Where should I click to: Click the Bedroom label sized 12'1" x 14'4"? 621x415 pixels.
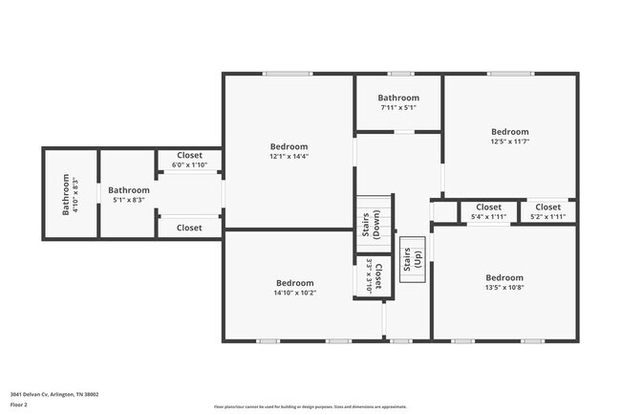coord(288,145)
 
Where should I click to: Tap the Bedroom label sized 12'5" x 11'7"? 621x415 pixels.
coord(509,131)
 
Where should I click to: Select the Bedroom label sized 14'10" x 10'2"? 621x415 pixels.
coord(294,282)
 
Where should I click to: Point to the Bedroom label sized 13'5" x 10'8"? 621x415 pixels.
coord(503,277)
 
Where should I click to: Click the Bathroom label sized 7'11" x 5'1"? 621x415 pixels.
coord(397,98)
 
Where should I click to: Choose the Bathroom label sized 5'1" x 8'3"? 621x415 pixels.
coord(128,190)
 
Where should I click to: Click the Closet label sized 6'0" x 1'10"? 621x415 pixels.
coord(188,155)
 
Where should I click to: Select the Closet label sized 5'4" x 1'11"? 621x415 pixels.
coord(488,207)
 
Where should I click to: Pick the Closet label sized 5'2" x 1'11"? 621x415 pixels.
coord(547,207)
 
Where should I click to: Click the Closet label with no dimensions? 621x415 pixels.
coord(188,228)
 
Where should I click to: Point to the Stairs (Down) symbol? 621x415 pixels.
coord(375,224)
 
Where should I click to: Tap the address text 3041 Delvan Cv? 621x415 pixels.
coord(54,393)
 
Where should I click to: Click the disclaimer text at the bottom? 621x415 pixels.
coord(310,405)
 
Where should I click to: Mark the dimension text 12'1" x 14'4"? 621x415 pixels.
coord(288,156)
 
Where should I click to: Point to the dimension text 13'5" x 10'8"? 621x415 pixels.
coord(503,288)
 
